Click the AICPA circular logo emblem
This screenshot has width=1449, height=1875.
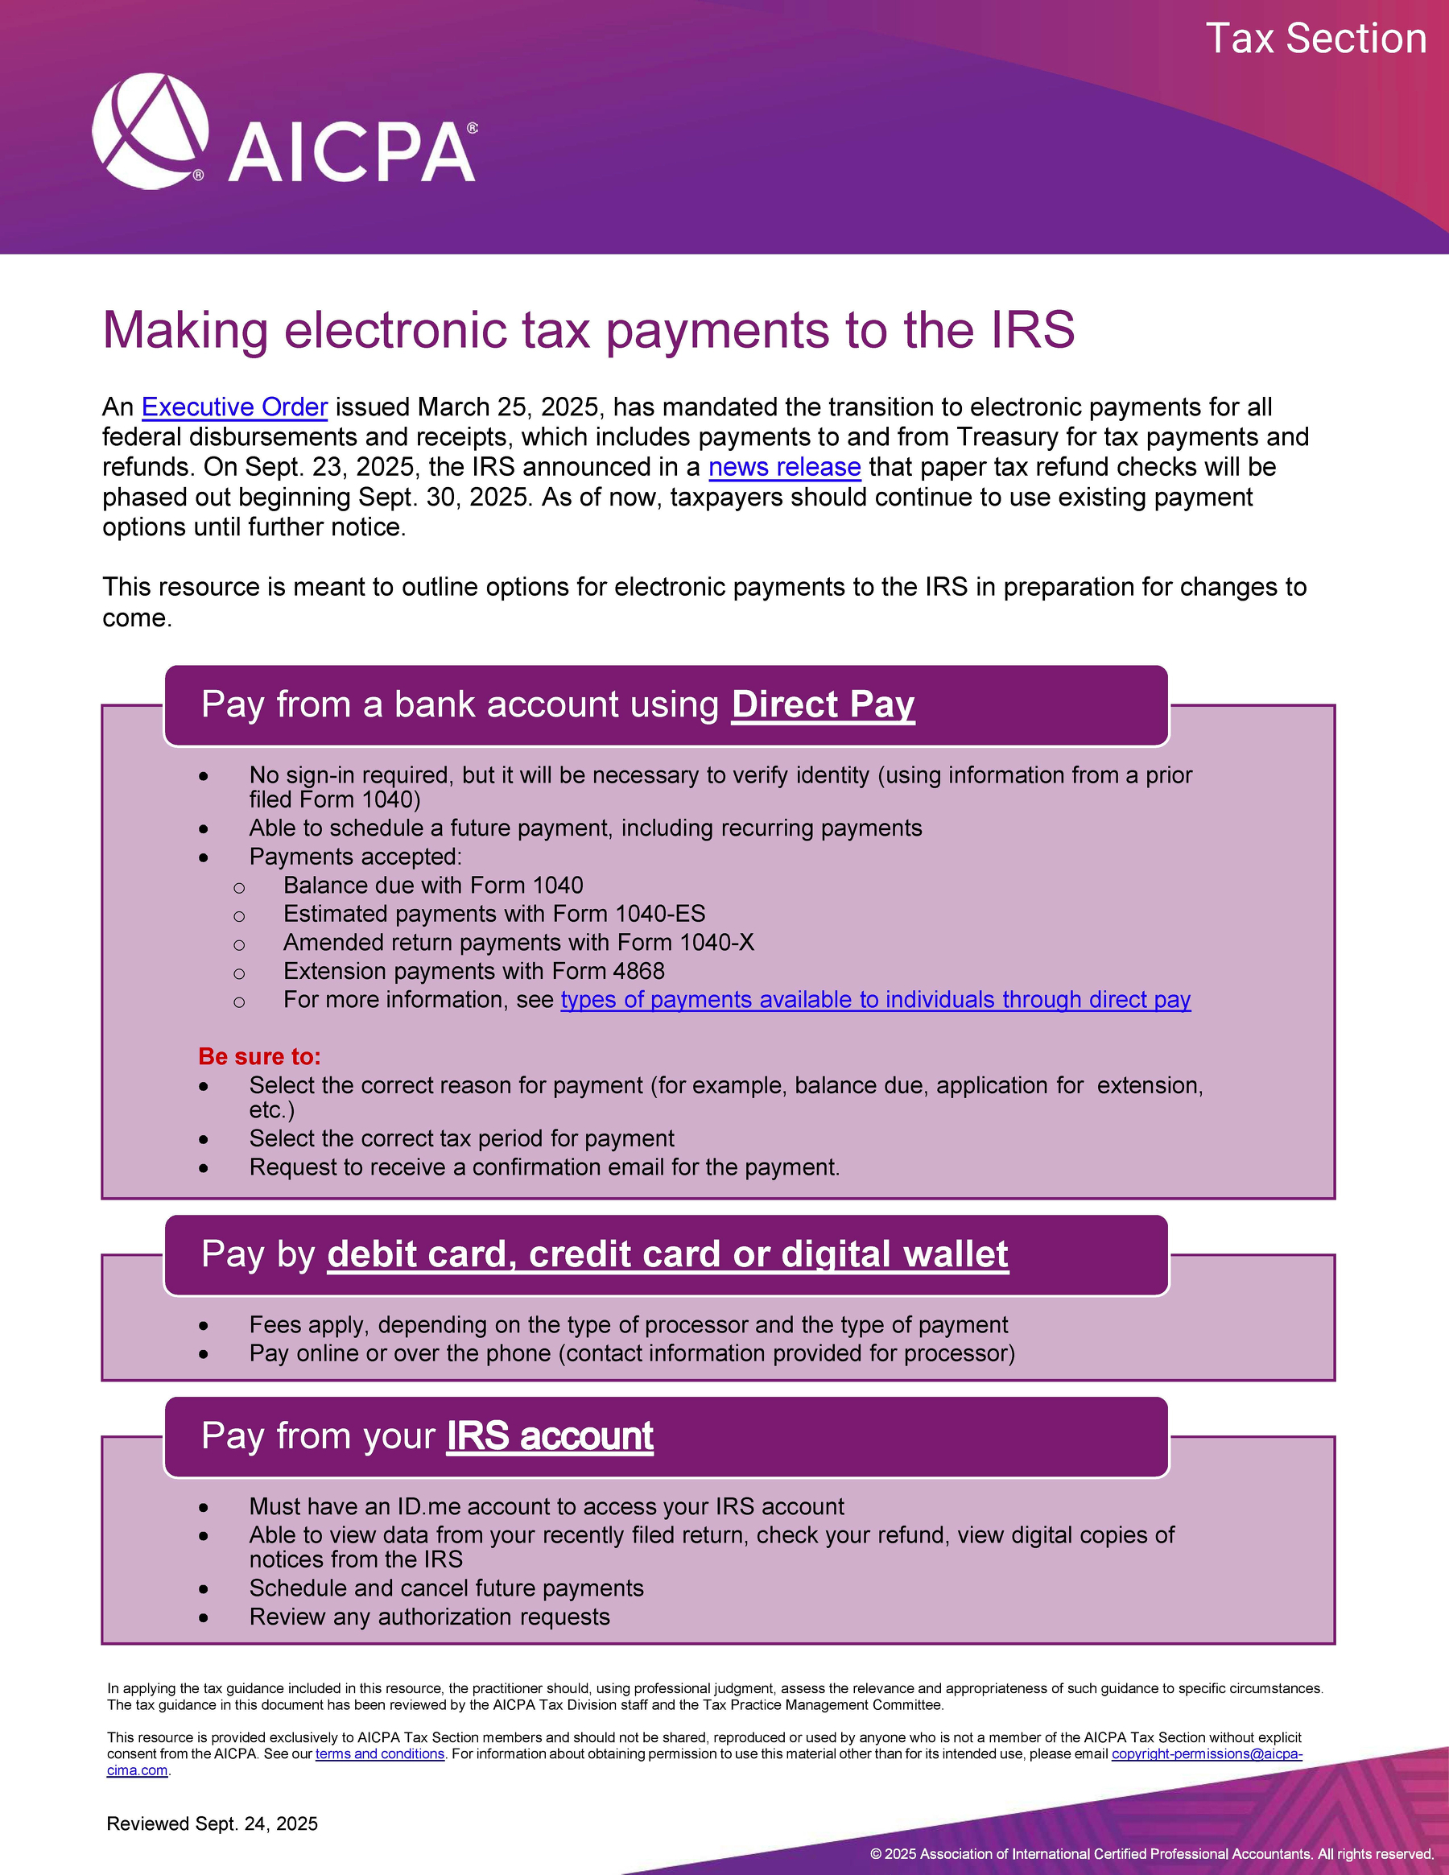(x=151, y=131)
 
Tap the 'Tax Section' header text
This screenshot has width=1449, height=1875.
(x=1315, y=39)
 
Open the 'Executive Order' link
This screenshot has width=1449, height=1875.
(x=234, y=407)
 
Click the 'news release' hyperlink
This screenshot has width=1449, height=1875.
(x=784, y=467)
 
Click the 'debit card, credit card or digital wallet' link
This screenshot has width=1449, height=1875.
(x=668, y=1254)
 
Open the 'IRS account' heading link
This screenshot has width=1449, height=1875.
(x=549, y=1436)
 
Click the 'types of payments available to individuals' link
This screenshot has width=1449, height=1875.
(x=875, y=1000)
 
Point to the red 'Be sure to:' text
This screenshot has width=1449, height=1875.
(x=259, y=1057)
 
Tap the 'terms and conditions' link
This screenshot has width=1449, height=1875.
(x=379, y=1754)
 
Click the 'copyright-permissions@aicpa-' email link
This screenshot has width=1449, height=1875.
(x=1206, y=1754)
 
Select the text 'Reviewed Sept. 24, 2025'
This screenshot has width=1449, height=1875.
(x=212, y=1823)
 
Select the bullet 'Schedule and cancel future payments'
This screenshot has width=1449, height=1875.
(x=447, y=1588)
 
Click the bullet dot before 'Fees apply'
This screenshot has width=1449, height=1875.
(x=204, y=1327)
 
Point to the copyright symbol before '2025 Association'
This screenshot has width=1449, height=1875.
(x=876, y=1853)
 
